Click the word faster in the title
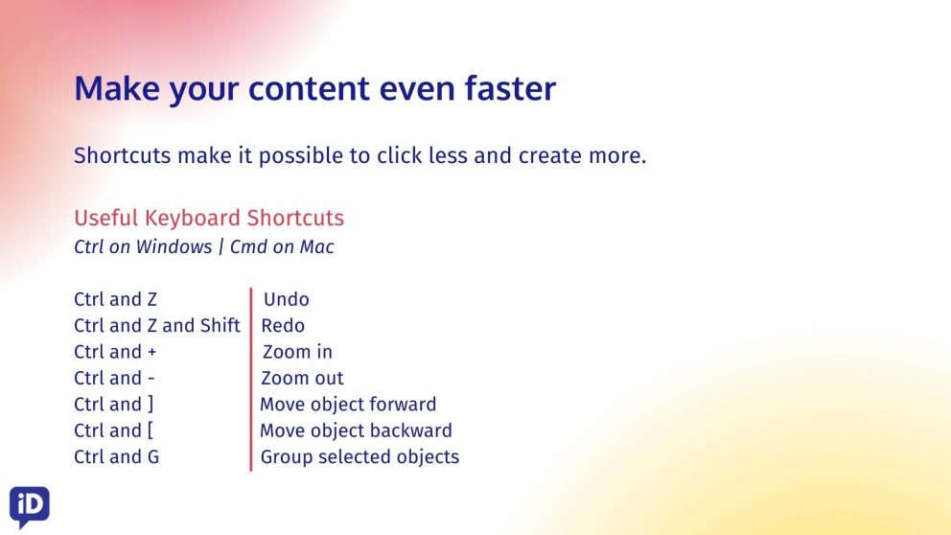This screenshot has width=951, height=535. pyautogui.click(x=510, y=88)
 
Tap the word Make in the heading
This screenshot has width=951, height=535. pyautogui.click(x=116, y=88)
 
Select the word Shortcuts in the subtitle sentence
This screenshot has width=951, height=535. pyautogui.click(x=123, y=156)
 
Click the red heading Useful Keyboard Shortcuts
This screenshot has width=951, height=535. pyautogui.click(x=209, y=218)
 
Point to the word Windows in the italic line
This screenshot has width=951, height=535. pyautogui.click(x=174, y=246)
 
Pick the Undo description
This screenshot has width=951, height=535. pyautogui.click(x=287, y=299)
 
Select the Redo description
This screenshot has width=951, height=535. pyautogui.click(x=283, y=326)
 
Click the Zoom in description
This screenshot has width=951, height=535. pyautogui.click(x=297, y=352)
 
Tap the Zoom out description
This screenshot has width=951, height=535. pyautogui.click(x=302, y=378)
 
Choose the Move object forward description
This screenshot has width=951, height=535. pyautogui.click(x=348, y=404)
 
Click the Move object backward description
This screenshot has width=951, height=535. pyautogui.click(x=356, y=430)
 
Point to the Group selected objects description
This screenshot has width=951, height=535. pyautogui.click(x=360, y=456)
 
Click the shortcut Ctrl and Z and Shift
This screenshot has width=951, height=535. pyautogui.click(x=157, y=326)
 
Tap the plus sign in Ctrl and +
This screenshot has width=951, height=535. pyautogui.click(x=151, y=353)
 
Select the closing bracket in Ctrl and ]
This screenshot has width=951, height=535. pyautogui.click(x=151, y=405)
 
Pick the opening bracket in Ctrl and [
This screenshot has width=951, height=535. pyautogui.click(x=151, y=430)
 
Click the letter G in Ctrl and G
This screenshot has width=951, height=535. pyautogui.click(x=152, y=456)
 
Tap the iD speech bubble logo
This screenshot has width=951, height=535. pyautogui.click(x=29, y=506)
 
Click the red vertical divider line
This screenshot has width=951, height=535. pyautogui.click(x=250, y=380)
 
